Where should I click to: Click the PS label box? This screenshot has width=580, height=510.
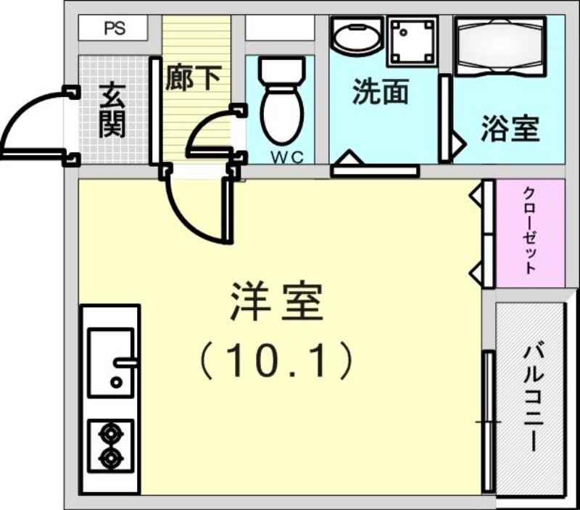tap(113, 29)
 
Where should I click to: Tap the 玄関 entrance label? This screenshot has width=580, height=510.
tap(113, 111)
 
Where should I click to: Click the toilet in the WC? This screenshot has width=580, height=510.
tap(281, 101)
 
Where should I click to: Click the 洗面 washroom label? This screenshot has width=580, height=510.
tap(380, 93)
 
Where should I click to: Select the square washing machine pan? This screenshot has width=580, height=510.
tap(412, 40)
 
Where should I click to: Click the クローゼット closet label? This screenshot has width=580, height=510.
tap(530, 230)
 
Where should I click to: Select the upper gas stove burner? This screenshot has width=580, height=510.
tap(110, 435)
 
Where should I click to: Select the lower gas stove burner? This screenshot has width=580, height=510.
tap(110, 458)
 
